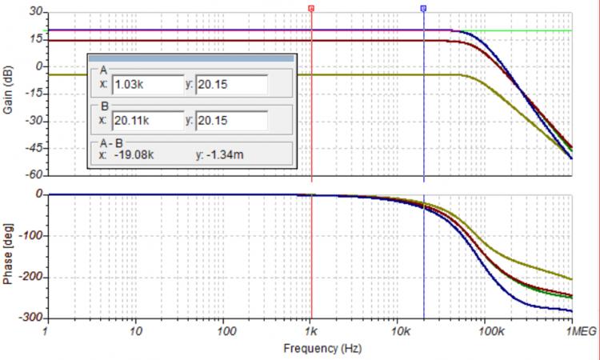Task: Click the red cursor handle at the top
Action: (x=311, y=8)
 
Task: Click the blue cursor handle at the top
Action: (x=423, y=8)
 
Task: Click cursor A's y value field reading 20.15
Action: (x=231, y=83)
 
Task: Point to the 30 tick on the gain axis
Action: (x=34, y=12)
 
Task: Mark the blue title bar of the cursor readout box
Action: (x=192, y=58)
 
